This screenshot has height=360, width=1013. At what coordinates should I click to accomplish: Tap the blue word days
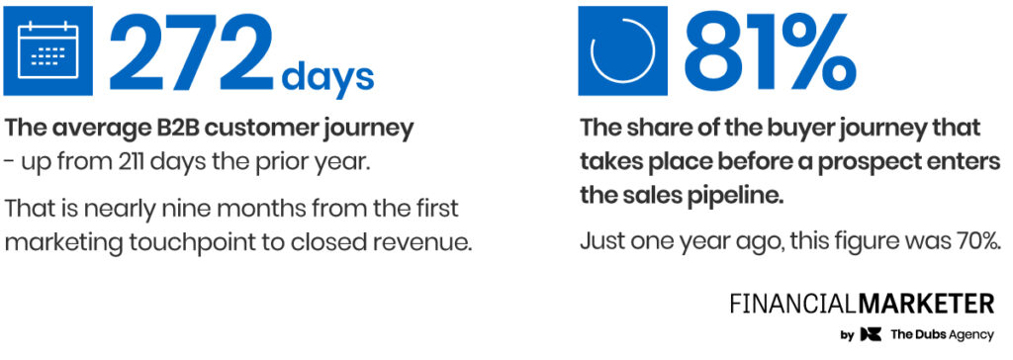click(x=327, y=76)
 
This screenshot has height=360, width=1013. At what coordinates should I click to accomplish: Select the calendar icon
click(x=47, y=50)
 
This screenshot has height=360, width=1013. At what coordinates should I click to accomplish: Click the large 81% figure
click(x=770, y=51)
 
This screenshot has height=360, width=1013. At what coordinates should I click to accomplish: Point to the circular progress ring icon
click(x=623, y=50)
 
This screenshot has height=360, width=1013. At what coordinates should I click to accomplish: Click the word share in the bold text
click(x=654, y=128)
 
